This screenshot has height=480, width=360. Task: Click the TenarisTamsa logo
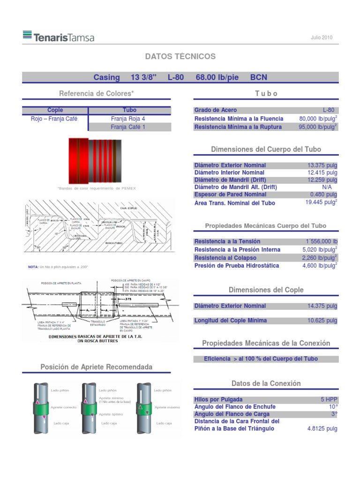coord(58,37)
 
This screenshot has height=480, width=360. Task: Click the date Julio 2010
coord(322,37)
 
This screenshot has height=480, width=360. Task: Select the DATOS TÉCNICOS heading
coord(180,57)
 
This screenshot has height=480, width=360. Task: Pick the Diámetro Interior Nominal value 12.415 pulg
coord(322,172)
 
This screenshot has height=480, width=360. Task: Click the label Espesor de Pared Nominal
coord(230,195)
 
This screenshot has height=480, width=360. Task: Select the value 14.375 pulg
coord(322,306)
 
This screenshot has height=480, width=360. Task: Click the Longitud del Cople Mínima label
coord(231,321)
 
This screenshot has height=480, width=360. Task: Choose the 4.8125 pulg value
coord(322,428)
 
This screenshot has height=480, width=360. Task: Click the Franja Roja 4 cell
coord(128,119)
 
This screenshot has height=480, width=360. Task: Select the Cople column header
coord(55,110)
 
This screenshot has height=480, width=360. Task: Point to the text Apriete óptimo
coord(111,415)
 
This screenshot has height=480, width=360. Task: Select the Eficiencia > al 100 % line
coord(261,359)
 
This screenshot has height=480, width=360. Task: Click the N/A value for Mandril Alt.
coord(327,187)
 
